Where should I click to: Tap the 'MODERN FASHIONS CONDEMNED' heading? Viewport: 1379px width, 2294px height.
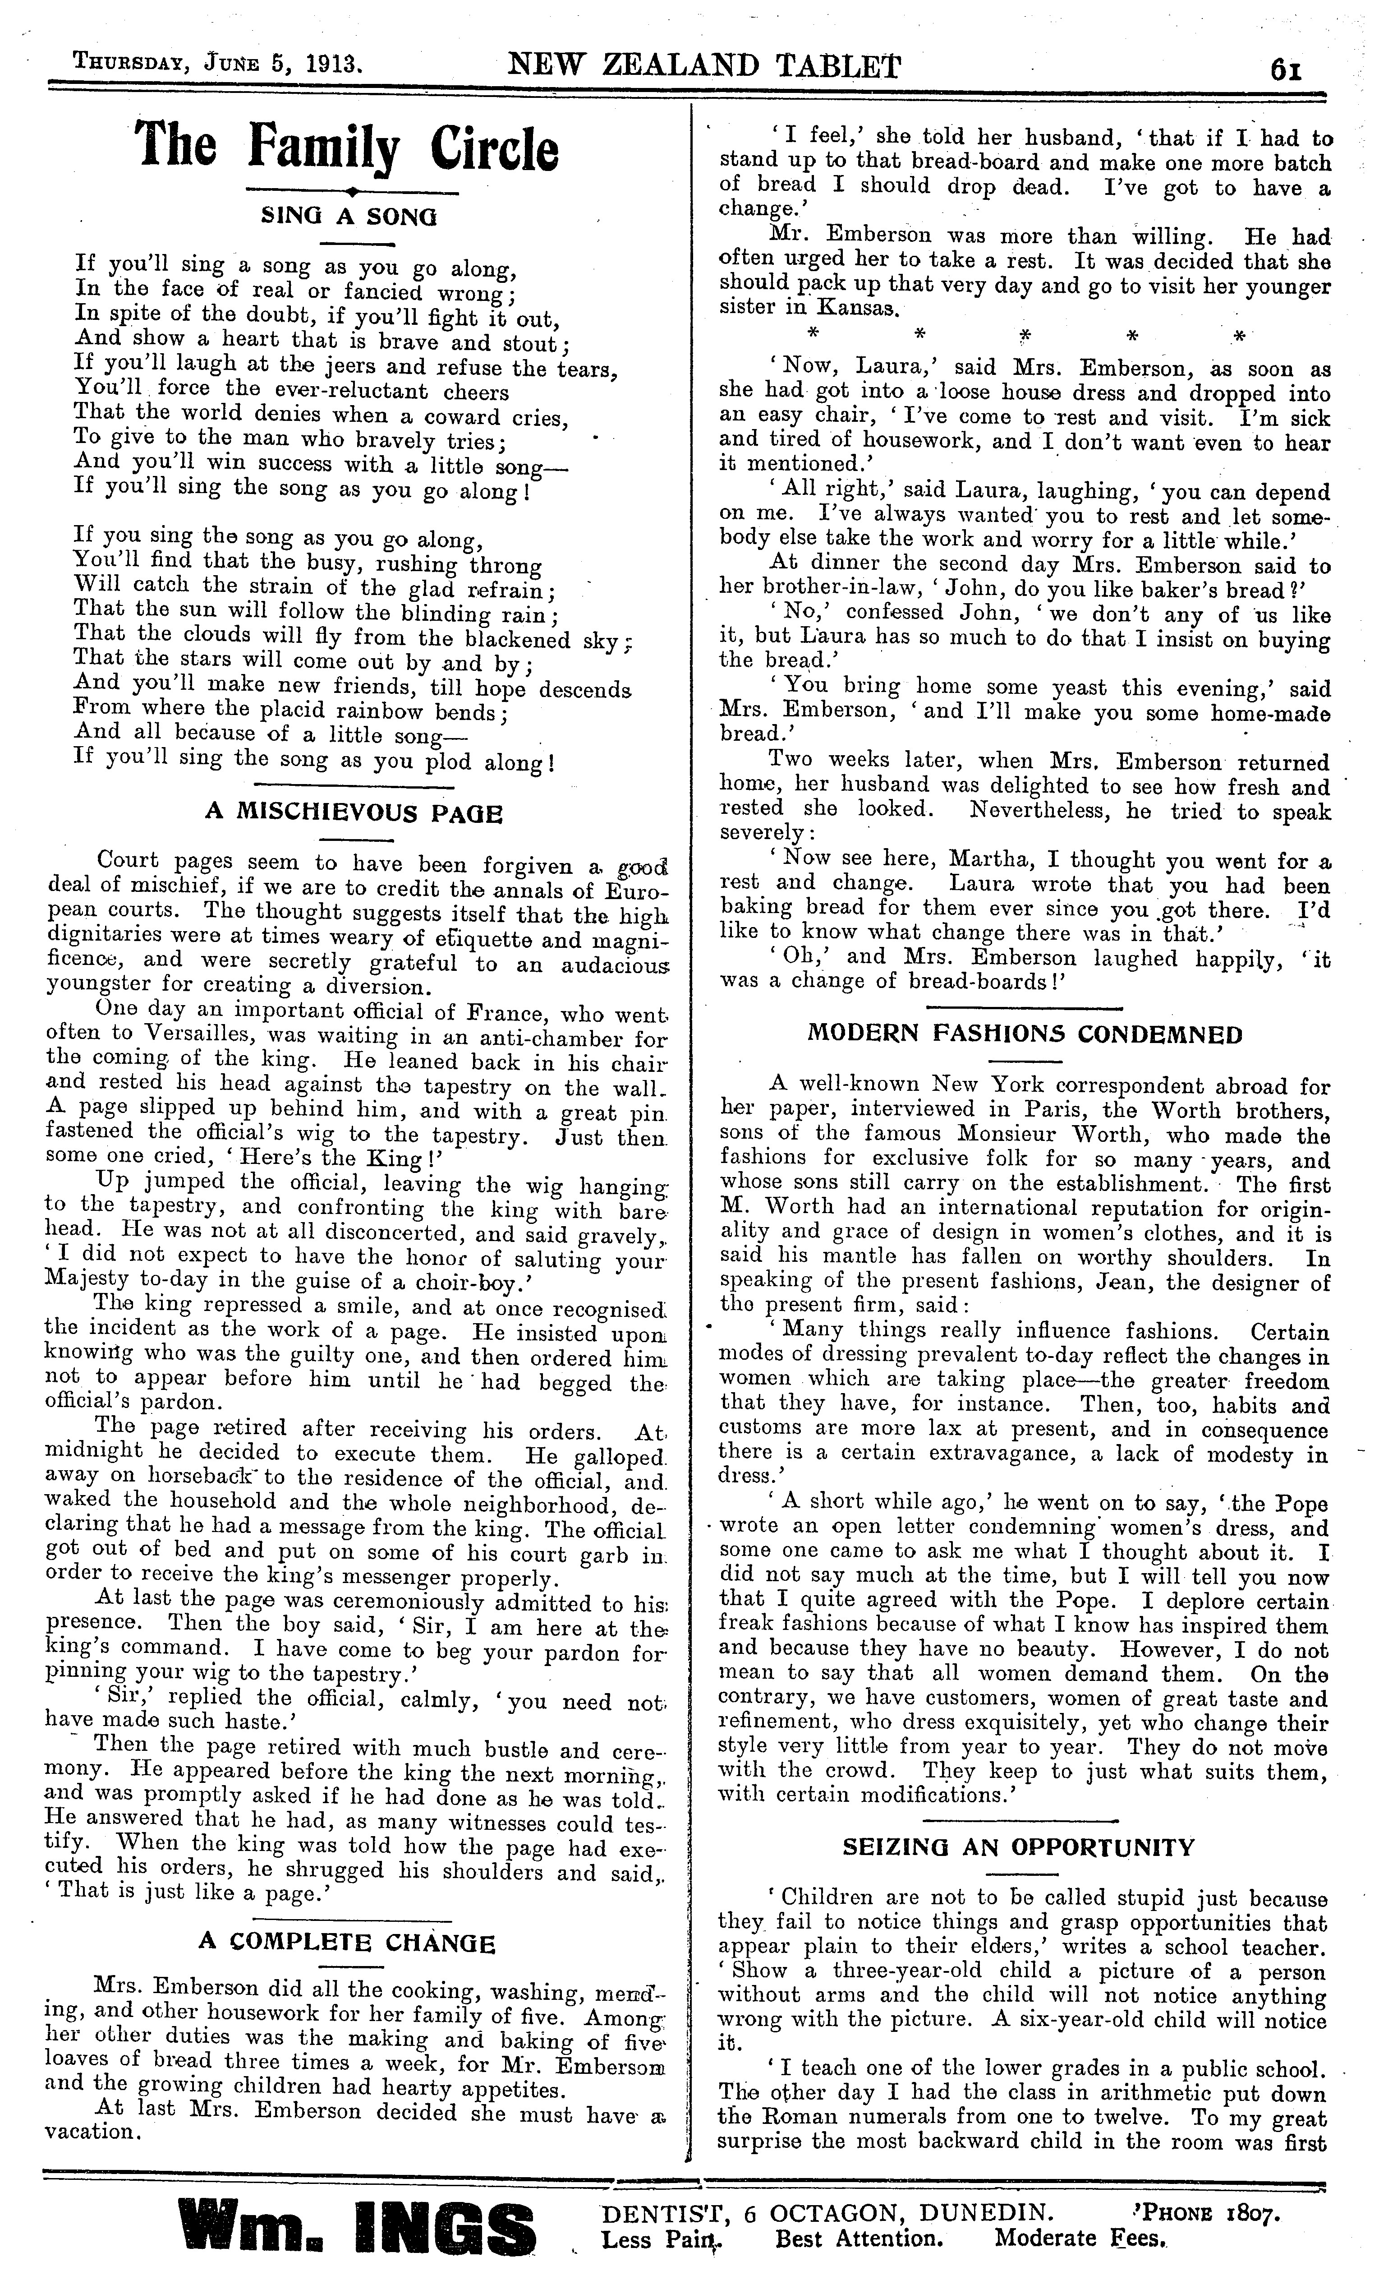[x=1025, y=1034]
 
